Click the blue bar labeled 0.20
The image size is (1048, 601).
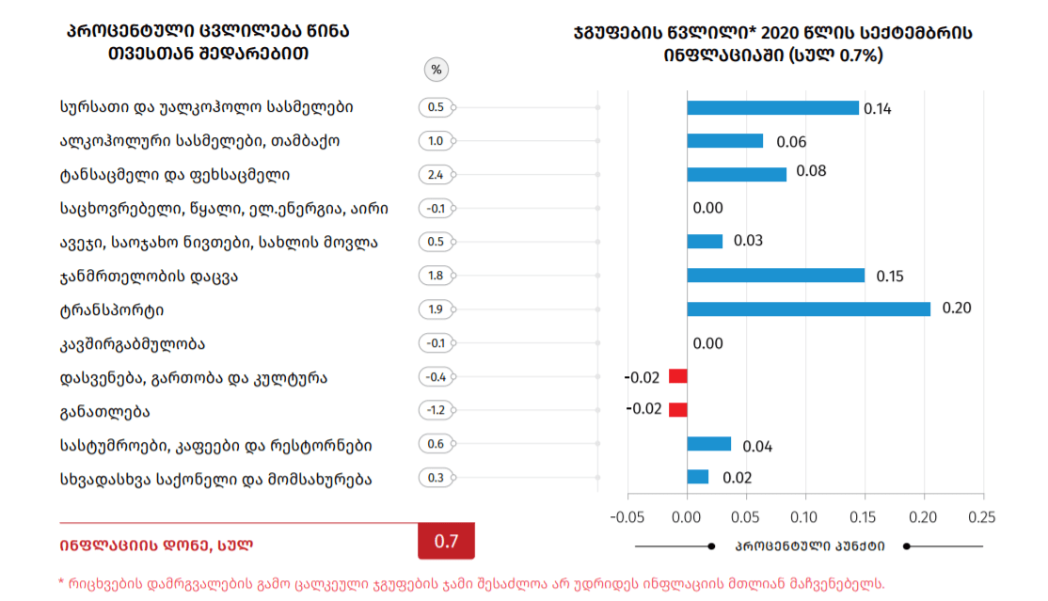point(808,308)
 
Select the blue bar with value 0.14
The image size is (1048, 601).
point(772,107)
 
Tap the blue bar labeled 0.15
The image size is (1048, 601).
point(775,276)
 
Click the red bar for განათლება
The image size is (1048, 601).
point(677,410)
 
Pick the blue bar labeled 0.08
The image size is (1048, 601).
point(737,174)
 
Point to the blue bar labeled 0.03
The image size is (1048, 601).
point(705,242)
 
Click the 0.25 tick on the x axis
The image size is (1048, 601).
point(982,516)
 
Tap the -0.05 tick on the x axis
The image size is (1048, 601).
point(628,516)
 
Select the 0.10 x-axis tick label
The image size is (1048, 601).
point(805,516)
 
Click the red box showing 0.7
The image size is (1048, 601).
point(446,542)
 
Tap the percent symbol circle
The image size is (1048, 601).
point(436,70)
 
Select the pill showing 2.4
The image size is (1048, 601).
point(436,175)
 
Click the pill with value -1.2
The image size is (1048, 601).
point(436,410)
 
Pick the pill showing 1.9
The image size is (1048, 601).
point(436,309)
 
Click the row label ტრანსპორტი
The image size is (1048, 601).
point(118,309)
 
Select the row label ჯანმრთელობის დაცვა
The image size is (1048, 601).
point(148,276)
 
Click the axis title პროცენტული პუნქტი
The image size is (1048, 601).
point(809,546)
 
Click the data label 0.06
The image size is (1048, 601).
point(791,142)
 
